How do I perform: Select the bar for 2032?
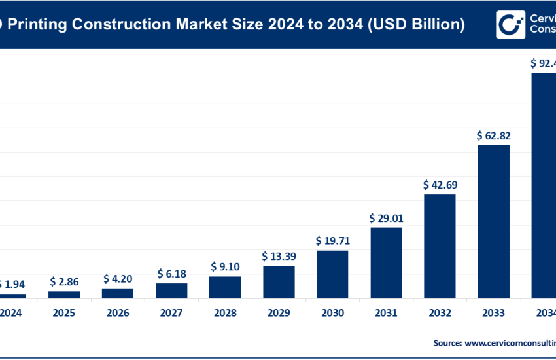click(x=440, y=246)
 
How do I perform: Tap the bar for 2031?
click(x=386, y=262)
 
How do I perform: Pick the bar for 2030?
click(x=332, y=274)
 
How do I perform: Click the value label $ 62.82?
click(x=493, y=136)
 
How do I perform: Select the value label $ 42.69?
click(x=440, y=185)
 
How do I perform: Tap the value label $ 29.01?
click(x=386, y=218)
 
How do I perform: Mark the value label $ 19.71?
click(x=332, y=241)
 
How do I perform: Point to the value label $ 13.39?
click(x=279, y=256)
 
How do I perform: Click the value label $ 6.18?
click(x=171, y=274)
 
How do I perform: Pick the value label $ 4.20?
click(x=118, y=279)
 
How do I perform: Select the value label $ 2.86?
click(x=64, y=282)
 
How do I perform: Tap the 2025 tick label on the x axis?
click(x=64, y=314)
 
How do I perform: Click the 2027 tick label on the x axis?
click(x=171, y=314)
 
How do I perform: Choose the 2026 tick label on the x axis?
click(x=118, y=314)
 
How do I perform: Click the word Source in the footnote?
click(x=446, y=342)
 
